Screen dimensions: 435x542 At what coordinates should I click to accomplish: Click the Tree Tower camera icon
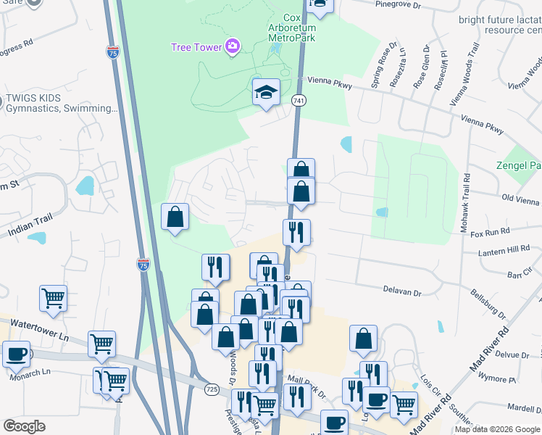click(232, 46)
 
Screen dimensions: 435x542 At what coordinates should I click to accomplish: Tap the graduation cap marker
click(267, 93)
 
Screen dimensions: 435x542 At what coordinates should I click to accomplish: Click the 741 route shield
click(298, 99)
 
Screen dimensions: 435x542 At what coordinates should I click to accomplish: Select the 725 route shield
click(212, 389)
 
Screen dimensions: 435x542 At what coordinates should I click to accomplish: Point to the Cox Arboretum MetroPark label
click(291, 28)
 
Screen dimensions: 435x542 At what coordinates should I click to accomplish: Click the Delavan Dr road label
click(402, 291)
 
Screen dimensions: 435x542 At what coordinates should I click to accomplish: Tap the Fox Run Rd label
click(491, 233)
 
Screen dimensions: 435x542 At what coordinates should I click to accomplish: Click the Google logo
click(24, 426)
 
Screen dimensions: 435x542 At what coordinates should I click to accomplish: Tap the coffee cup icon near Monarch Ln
click(16, 355)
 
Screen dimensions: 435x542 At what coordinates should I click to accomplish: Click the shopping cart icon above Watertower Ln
click(52, 297)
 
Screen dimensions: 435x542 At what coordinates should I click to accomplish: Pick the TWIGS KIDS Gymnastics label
click(61, 103)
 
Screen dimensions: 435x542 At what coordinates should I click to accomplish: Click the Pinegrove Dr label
click(398, 4)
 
